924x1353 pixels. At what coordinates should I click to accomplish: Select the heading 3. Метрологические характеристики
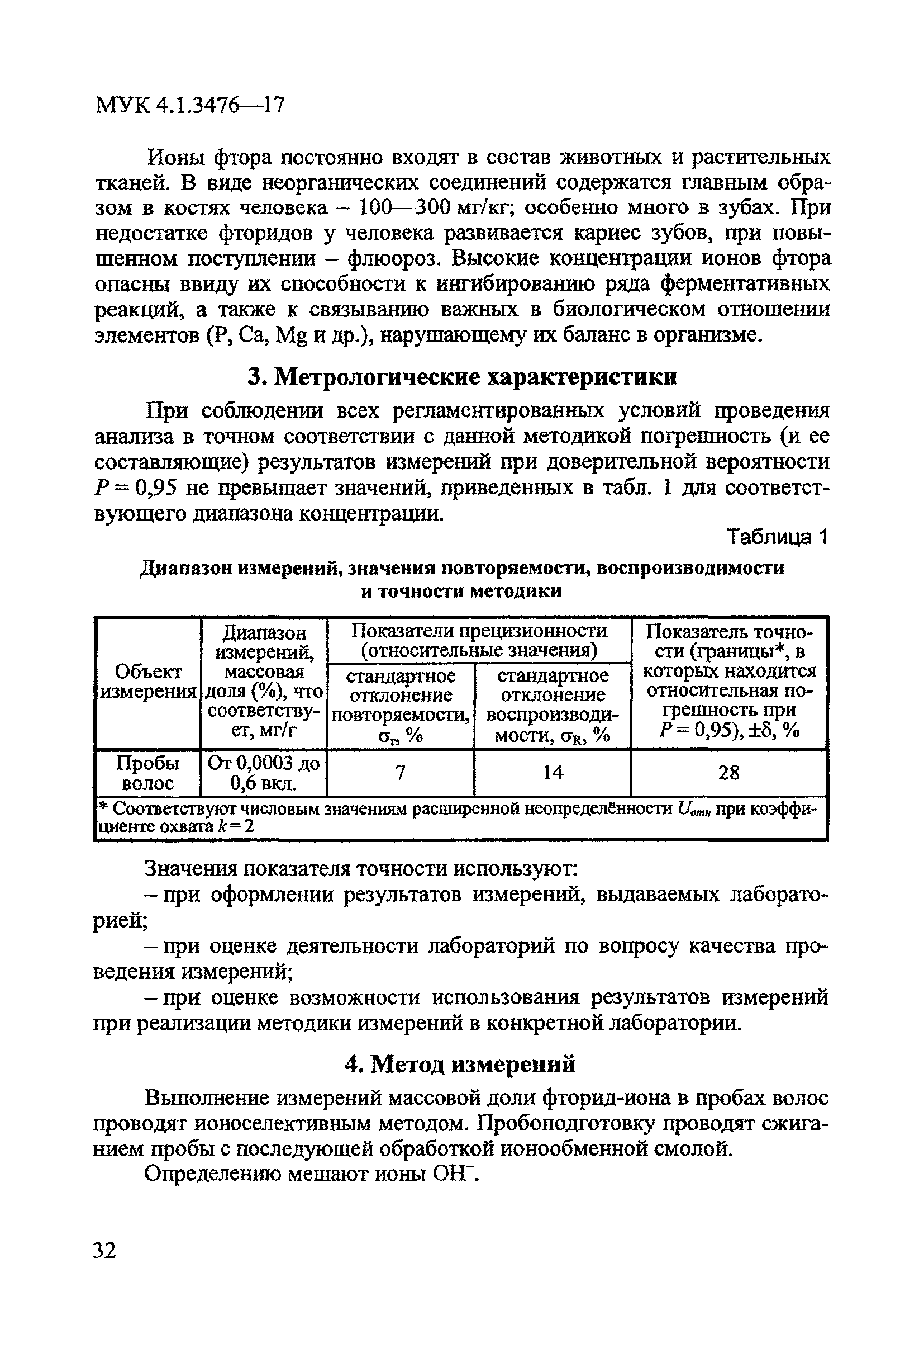coord(462,377)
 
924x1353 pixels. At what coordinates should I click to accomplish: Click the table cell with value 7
coord(400,773)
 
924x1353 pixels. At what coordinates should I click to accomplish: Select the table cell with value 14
coord(553,773)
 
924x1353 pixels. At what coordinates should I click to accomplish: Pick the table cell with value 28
coord(728,773)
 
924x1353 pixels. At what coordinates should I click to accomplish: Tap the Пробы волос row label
coord(148,773)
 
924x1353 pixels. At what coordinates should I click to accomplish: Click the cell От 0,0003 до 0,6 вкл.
coord(264,773)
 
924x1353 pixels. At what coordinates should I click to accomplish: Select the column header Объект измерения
coord(148,682)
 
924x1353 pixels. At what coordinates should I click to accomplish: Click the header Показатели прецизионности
coord(479,640)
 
